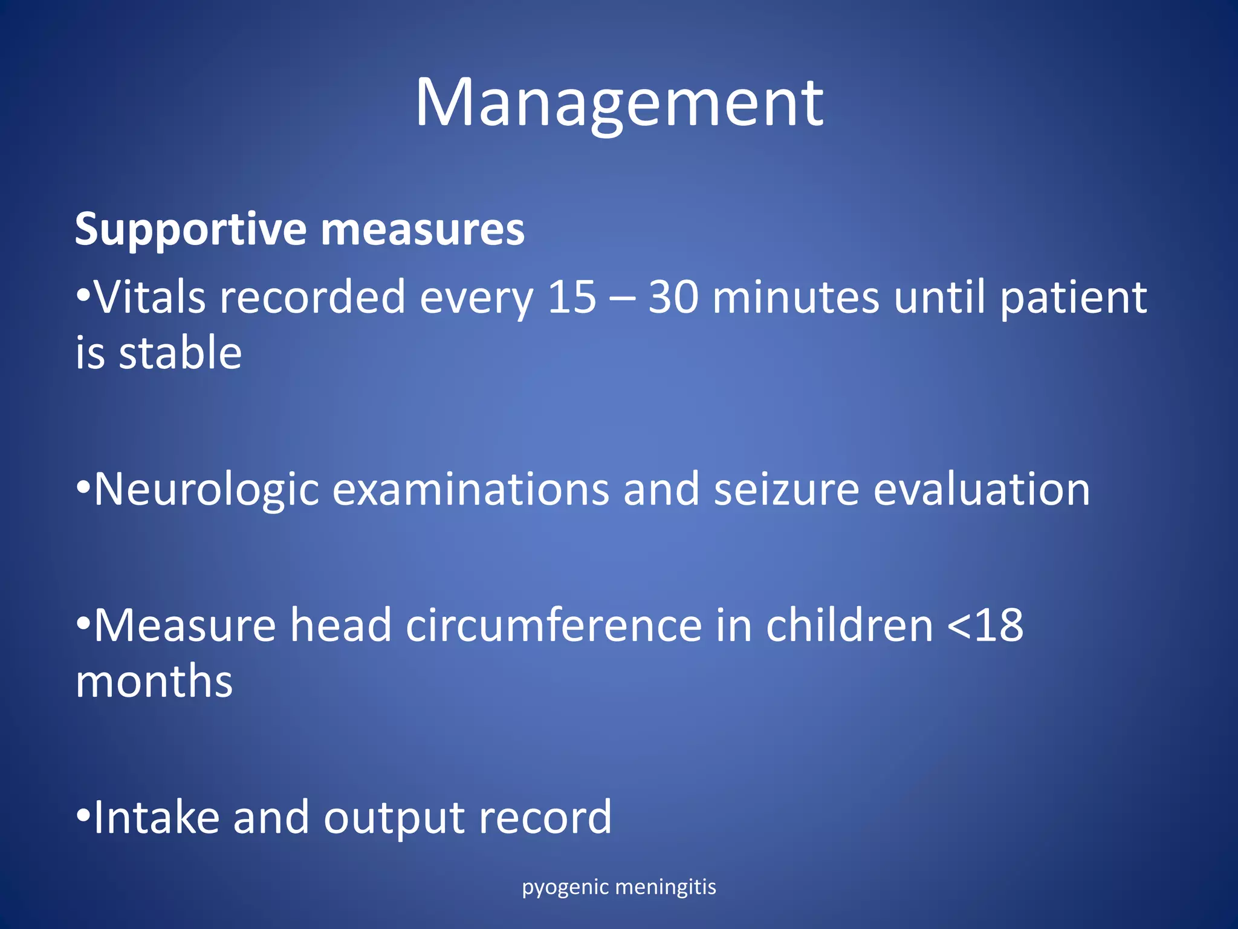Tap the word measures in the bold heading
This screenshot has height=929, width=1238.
423,230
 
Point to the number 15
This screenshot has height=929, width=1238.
572,298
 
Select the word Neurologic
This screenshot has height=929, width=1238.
206,489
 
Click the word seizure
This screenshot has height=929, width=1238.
786,489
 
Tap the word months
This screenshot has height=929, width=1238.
154,682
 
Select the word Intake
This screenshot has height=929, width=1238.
156,818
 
